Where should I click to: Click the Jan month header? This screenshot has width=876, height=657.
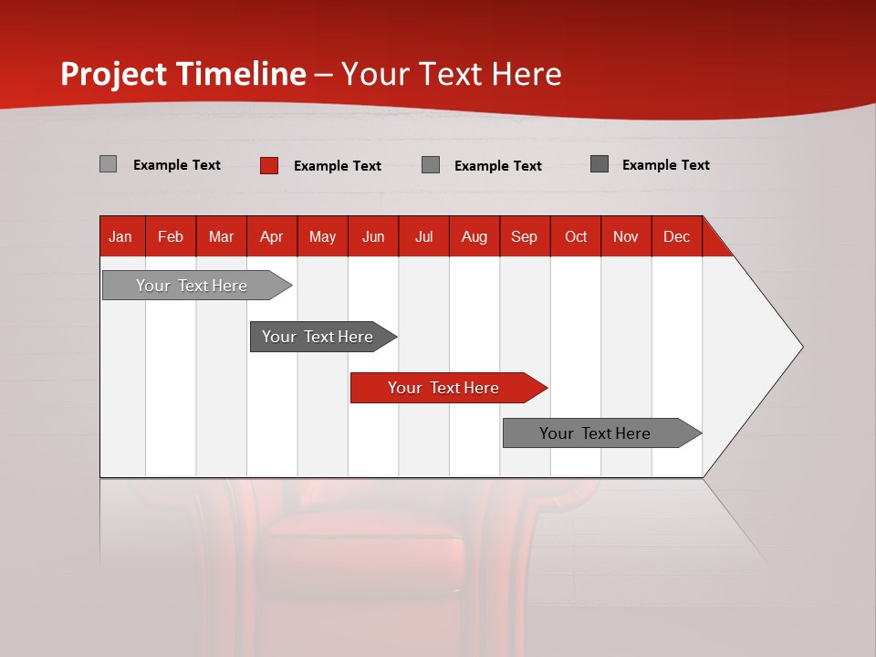[120, 236]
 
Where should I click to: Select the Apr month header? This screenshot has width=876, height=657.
[271, 236]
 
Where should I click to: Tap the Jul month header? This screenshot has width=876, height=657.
[423, 236]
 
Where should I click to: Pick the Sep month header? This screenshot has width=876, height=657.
[524, 236]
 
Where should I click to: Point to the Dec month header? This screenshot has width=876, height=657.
[676, 236]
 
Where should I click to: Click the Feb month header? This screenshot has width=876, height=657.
[171, 236]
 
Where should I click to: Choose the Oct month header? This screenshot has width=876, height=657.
[576, 236]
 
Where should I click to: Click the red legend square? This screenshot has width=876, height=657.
[268, 165]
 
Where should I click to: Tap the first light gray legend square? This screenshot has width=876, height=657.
[108, 164]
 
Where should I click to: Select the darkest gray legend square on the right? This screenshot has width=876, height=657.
[600, 164]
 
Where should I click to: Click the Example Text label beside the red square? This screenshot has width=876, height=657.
[337, 165]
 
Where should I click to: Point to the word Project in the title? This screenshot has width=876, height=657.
[113, 74]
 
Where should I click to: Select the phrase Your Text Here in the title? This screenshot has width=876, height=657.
[451, 74]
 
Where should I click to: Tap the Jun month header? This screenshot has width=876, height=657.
[373, 236]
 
